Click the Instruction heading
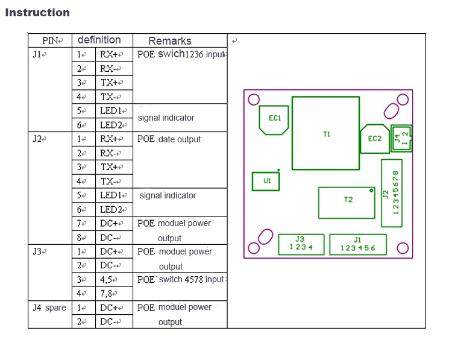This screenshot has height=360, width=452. (37, 13)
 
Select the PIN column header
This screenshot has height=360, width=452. (51, 40)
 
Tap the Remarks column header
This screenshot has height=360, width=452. (170, 41)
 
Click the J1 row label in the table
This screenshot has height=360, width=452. (37, 54)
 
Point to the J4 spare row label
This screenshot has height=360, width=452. (49, 308)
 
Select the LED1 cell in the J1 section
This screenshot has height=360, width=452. (111, 111)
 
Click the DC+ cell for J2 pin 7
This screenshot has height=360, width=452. (110, 223)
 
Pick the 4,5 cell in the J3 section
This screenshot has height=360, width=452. (106, 280)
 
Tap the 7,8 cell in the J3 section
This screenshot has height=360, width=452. (106, 294)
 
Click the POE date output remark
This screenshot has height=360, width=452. (169, 139)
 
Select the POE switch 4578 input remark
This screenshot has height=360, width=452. (181, 280)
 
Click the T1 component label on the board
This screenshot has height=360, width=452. (327, 134)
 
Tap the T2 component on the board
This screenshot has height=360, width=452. (347, 203)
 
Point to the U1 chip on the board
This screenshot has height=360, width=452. (266, 182)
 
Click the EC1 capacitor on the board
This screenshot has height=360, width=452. (274, 120)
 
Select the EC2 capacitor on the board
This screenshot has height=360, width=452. (375, 139)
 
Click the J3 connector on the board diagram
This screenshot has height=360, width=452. (301, 244)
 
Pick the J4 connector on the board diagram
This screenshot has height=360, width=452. (401, 139)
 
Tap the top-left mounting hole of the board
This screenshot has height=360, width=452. (254, 99)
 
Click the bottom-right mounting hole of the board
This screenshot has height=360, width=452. (403, 248)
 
